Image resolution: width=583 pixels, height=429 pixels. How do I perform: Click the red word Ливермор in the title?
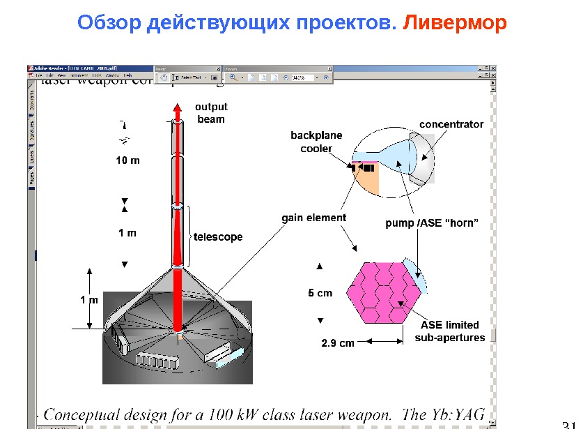456,24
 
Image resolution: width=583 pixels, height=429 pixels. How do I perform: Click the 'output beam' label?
211,113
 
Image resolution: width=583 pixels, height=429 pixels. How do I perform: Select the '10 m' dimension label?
127,160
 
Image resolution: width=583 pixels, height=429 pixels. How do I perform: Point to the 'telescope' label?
218,237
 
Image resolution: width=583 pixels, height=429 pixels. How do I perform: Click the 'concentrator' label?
451,124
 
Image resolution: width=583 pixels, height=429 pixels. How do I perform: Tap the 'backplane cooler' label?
316,142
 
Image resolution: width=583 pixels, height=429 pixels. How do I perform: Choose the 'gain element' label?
313,218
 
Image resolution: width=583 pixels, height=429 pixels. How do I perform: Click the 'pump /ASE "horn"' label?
432,224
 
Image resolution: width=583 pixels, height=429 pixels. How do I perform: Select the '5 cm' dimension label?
320,293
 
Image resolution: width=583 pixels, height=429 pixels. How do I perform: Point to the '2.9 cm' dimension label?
337,343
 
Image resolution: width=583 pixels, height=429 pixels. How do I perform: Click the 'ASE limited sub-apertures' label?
450,331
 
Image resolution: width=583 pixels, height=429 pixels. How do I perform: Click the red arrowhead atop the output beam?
177,108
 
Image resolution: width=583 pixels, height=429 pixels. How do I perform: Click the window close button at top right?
493,68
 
